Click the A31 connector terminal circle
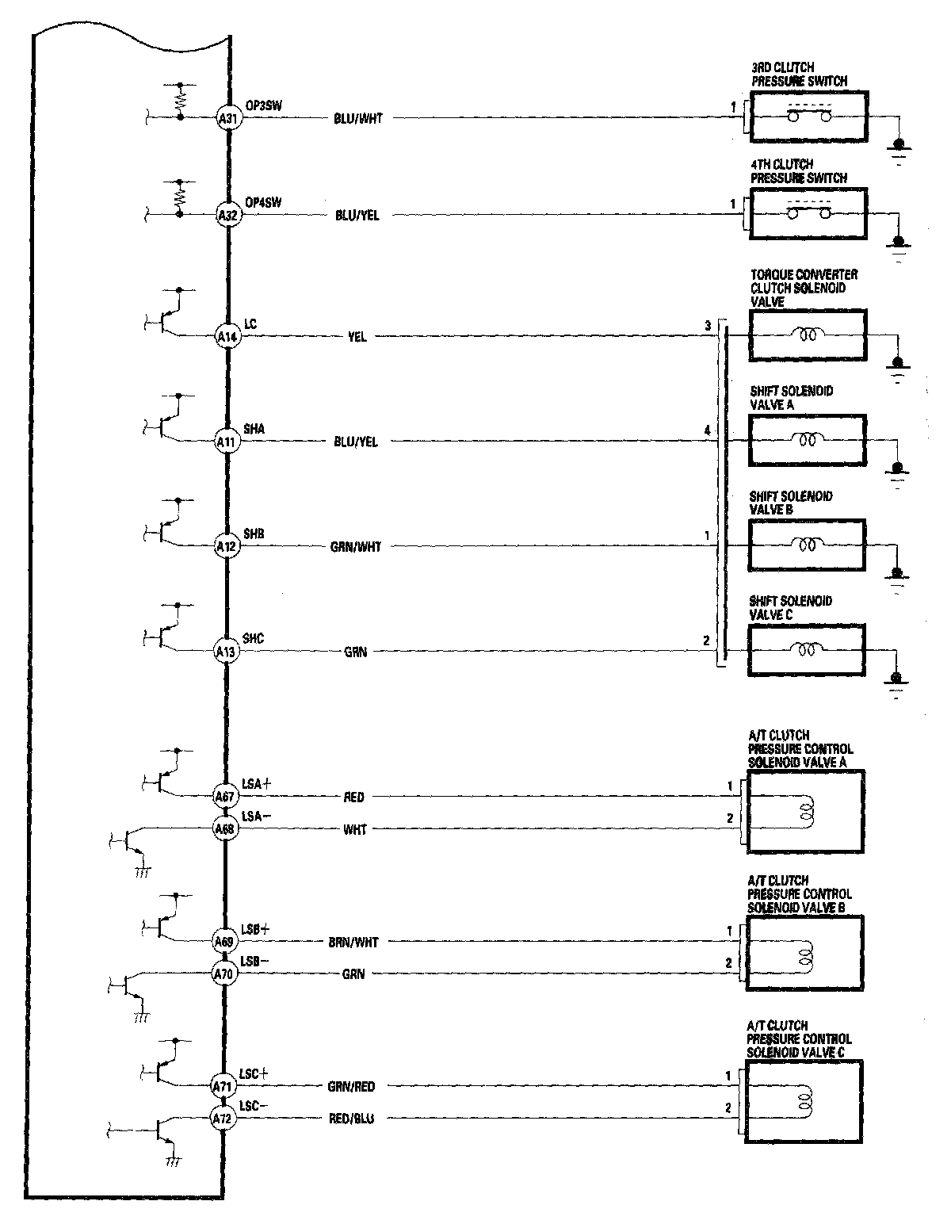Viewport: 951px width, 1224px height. [x=227, y=119]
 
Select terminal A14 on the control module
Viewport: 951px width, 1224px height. [x=227, y=336]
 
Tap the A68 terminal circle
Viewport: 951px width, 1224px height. [x=224, y=829]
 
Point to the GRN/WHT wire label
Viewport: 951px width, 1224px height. [x=357, y=547]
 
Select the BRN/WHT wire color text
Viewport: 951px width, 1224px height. [x=353, y=943]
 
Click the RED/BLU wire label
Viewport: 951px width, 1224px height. [x=352, y=1119]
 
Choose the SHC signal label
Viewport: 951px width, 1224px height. [x=254, y=638]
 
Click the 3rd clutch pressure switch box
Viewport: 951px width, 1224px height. [x=808, y=117]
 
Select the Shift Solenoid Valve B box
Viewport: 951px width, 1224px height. [x=807, y=545]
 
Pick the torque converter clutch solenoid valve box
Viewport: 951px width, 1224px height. [x=807, y=335]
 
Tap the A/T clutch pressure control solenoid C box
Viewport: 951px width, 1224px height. [x=804, y=1102]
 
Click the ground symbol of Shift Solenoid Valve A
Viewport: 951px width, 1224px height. [x=898, y=469]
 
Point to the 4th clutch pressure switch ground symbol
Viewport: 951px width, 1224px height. [x=899, y=243]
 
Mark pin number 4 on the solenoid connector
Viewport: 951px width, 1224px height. [x=706, y=430]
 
